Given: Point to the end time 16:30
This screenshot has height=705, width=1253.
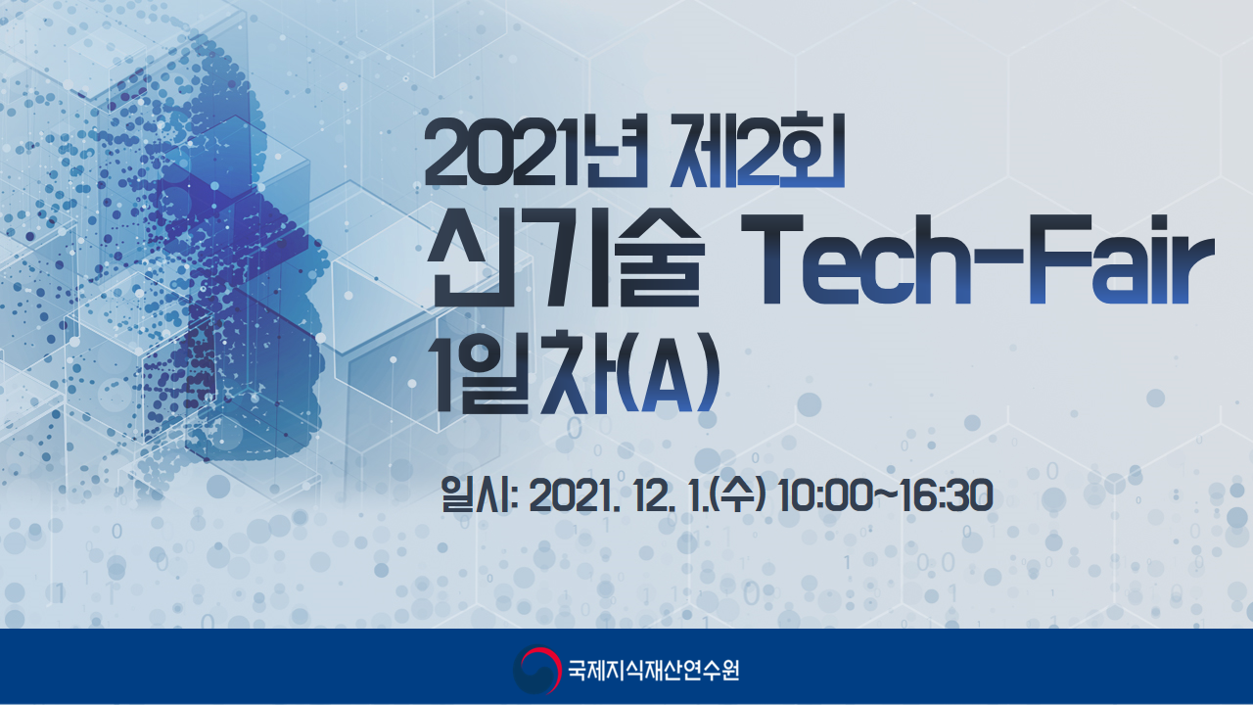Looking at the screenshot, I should [947, 495].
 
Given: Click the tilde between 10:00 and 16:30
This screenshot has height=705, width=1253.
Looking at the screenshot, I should [884, 495].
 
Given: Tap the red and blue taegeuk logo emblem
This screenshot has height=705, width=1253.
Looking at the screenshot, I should [536, 670].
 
